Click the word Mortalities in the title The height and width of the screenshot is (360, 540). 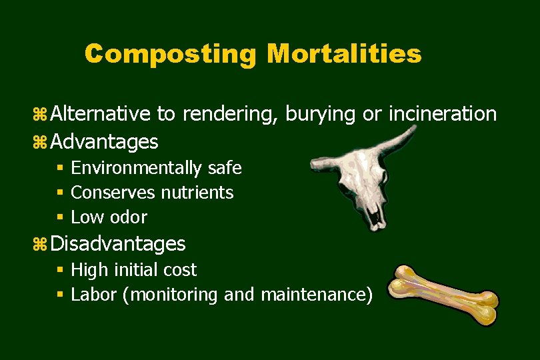(344, 54)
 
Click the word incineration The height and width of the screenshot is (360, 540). (442, 114)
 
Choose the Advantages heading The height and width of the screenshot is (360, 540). (105, 141)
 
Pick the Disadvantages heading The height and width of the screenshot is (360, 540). (118, 243)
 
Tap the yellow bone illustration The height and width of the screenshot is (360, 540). (443, 294)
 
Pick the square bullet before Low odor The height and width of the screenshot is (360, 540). (60, 217)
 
